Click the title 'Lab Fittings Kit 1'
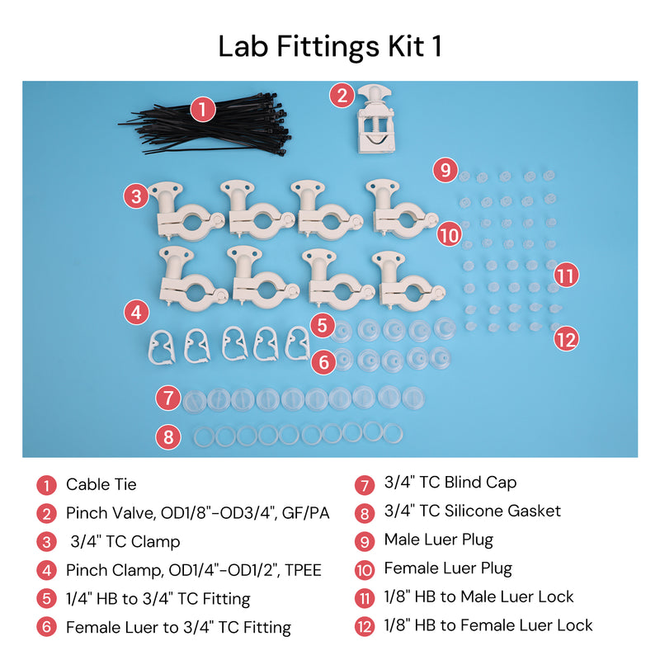pyautogui.click(x=330, y=47)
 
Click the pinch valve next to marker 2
pyautogui.click(x=375, y=119)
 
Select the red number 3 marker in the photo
pyautogui.click(x=136, y=196)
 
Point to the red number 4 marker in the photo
pyautogui.click(x=136, y=313)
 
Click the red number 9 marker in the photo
pyautogui.click(x=445, y=170)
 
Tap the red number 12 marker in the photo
pyautogui.click(x=566, y=339)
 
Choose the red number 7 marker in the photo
pyautogui.click(x=168, y=398)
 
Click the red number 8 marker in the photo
pyautogui.click(x=168, y=437)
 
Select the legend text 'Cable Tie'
pyautogui.click(x=101, y=484)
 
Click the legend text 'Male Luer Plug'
pyautogui.click(x=439, y=540)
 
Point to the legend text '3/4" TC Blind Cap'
pyautogui.click(x=450, y=483)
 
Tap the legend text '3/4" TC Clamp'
pyautogui.click(x=125, y=542)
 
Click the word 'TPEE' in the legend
pyautogui.click(x=303, y=570)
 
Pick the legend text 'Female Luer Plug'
pyautogui.click(x=448, y=568)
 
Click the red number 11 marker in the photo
pyautogui.click(x=566, y=276)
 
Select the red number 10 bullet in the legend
pyautogui.click(x=365, y=570)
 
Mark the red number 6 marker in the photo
pyautogui.click(x=323, y=362)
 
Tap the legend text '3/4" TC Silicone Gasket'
pyautogui.click(x=473, y=511)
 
